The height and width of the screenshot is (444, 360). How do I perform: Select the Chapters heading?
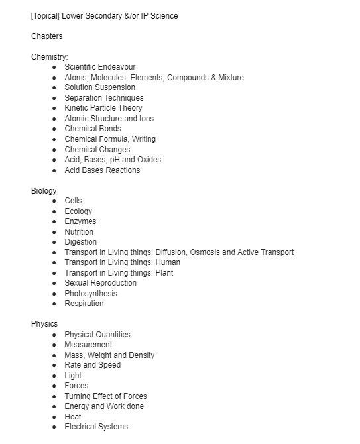47,36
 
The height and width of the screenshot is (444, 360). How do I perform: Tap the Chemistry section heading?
50,57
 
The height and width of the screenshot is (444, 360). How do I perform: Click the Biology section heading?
44,191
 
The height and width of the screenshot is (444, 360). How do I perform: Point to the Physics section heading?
44,324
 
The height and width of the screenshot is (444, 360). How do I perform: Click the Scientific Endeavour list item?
99,67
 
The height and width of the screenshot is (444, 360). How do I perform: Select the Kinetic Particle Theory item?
103,108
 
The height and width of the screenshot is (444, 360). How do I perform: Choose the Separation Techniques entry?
103,98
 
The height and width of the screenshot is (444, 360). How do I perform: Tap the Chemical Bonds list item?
93,129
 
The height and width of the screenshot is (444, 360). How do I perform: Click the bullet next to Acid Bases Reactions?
54,170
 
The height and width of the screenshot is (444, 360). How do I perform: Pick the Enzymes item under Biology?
80,221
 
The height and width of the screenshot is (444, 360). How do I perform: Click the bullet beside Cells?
54,201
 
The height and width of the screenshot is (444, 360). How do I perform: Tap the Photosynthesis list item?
90,294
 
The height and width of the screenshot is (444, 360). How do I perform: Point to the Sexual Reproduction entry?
100,283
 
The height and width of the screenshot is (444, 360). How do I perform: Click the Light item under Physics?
73,376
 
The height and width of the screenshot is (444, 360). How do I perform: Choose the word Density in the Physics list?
141,355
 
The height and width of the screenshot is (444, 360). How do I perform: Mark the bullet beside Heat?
54,417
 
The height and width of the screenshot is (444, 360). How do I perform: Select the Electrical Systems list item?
96,427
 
